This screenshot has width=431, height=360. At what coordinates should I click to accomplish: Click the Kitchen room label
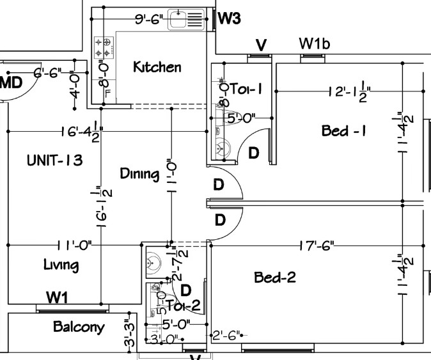[x=157, y=67]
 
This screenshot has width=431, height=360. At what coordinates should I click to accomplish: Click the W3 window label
[x=229, y=19]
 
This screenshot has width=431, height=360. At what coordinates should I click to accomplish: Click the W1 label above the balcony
[x=58, y=298]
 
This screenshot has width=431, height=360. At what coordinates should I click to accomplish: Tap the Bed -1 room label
[x=343, y=131]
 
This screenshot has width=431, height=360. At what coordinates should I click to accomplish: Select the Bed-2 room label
[x=275, y=278]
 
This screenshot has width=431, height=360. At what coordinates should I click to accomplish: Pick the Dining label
[x=140, y=173]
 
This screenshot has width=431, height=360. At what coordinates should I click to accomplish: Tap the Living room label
[x=61, y=265]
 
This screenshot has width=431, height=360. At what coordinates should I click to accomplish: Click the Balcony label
[x=79, y=327]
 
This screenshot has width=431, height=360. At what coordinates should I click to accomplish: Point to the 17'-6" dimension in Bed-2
[x=317, y=245]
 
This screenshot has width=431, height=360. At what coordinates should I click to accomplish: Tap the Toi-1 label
[x=246, y=89]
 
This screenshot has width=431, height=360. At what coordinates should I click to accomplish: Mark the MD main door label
[x=11, y=82]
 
